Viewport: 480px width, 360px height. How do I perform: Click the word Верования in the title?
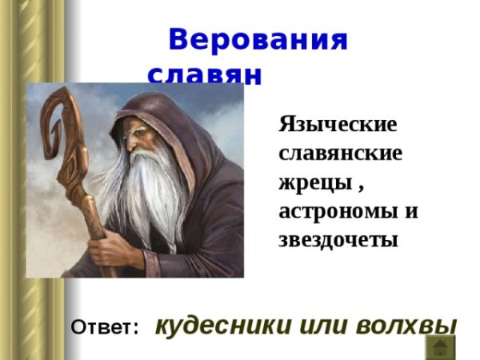click(258, 40)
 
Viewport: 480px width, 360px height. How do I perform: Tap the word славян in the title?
click(205, 74)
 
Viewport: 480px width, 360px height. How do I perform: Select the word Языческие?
click(338, 125)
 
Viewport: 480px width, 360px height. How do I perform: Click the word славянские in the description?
click(340, 154)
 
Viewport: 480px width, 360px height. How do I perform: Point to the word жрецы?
click(314, 183)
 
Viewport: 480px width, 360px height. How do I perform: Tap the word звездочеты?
click(338, 239)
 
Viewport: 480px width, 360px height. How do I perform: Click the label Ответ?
click(105, 327)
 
